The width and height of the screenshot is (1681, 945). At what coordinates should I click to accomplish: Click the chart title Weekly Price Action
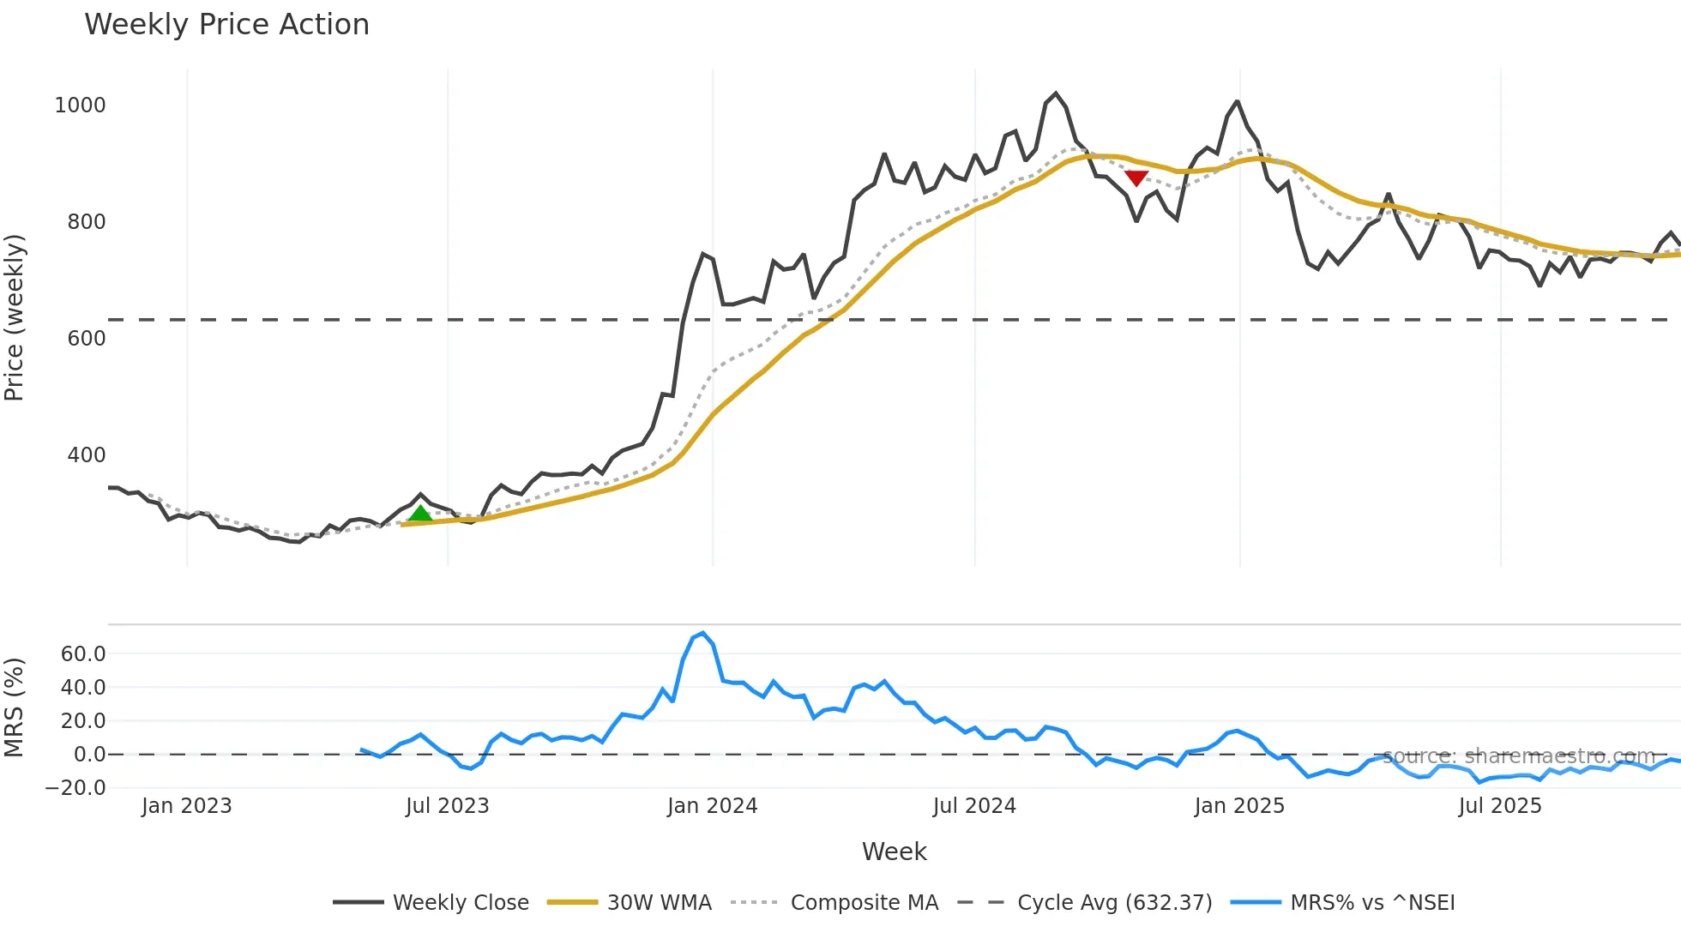pos(226,25)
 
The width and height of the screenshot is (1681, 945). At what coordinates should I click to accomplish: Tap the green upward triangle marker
pos(420,514)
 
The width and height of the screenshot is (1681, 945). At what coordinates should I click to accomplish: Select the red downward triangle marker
pos(1136,178)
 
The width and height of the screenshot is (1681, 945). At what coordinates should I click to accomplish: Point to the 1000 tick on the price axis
pos(80,105)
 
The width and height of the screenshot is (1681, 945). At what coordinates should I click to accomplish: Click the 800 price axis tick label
pos(86,222)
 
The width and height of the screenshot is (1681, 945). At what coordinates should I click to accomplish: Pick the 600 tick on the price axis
pos(86,339)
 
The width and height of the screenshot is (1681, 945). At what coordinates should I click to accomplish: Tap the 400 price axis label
pos(86,455)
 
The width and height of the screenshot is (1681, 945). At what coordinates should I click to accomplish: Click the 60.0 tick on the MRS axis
pos(83,654)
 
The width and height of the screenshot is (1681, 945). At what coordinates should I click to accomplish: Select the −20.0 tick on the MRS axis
pos(76,788)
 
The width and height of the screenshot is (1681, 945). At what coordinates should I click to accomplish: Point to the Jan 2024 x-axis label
pos(712,806)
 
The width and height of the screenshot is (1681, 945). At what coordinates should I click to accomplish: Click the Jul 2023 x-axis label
pos(447,806)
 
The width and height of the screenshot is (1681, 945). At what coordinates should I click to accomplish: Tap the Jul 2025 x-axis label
pos(1500,806)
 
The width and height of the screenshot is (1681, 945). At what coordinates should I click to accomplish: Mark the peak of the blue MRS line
pos(703,634)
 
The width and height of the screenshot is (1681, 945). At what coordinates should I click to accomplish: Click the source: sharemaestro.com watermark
pos(1518,756)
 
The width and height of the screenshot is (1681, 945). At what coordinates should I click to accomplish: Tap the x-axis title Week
pos(894,852)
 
